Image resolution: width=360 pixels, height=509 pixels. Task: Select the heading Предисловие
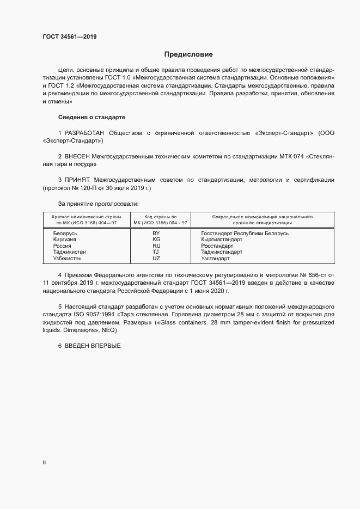[x=188, y=54]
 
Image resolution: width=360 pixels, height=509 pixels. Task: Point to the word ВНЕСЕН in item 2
[x=77, y=156]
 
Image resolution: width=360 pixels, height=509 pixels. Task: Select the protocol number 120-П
[x=89, y=188]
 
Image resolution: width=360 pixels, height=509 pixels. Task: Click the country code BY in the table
[x=156, y=233]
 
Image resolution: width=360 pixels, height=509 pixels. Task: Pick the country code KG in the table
[x=156, y=239]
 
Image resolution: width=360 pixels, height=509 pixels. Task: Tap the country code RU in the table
[x=156, y=246]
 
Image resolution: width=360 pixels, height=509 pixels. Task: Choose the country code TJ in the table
[x=156, y=252]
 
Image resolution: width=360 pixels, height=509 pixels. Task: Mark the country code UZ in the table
[x=156, y=258]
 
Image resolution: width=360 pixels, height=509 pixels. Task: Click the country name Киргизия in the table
[x=65, y=239]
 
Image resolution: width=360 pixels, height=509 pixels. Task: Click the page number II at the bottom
[x=44, y=463]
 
